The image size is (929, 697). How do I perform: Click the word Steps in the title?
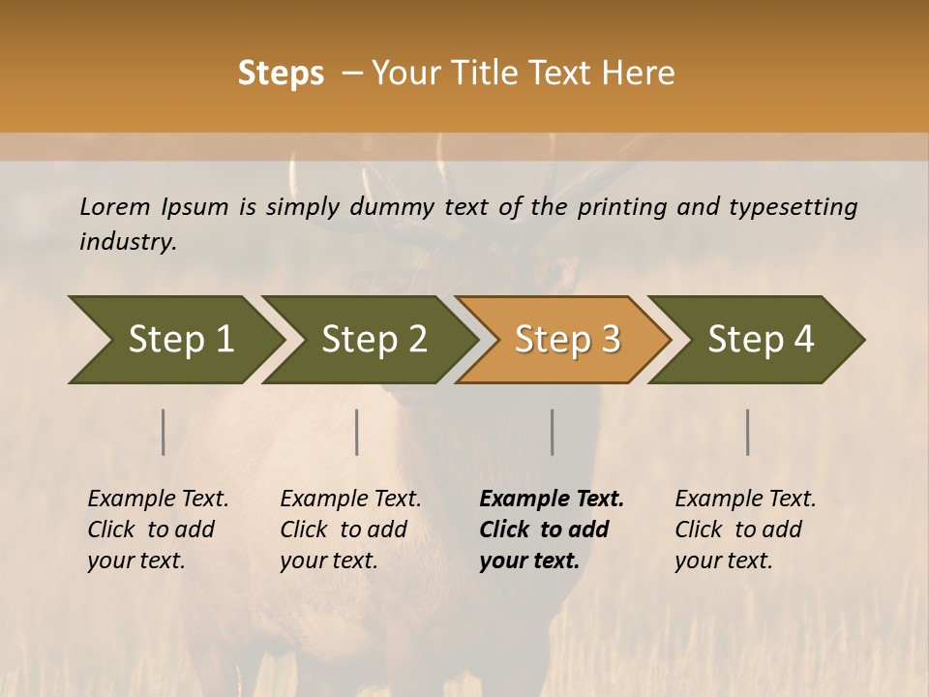click(x=281, y=74)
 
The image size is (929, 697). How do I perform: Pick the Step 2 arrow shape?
click(x=374, y=339)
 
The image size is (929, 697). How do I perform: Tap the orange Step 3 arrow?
click(x=567, y=339)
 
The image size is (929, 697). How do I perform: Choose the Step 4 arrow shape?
click(x=761, y=339)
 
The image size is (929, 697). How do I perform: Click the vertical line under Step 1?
click(x=164, y=432)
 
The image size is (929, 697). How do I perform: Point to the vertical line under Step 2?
click(x=357, y=432)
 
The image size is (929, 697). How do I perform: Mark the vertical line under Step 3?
click(x=553, y=432)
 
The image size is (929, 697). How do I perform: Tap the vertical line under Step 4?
click(x=748, y=432)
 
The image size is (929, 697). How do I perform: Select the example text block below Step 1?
click(x=158, y=530)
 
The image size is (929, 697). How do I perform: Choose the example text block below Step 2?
click(x=350, y=530)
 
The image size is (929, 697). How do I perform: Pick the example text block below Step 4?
click(x=745, y=530)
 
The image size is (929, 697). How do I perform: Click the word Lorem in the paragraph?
click(x=115, y=206)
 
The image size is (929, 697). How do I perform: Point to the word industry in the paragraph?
click(x=128, y=241)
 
